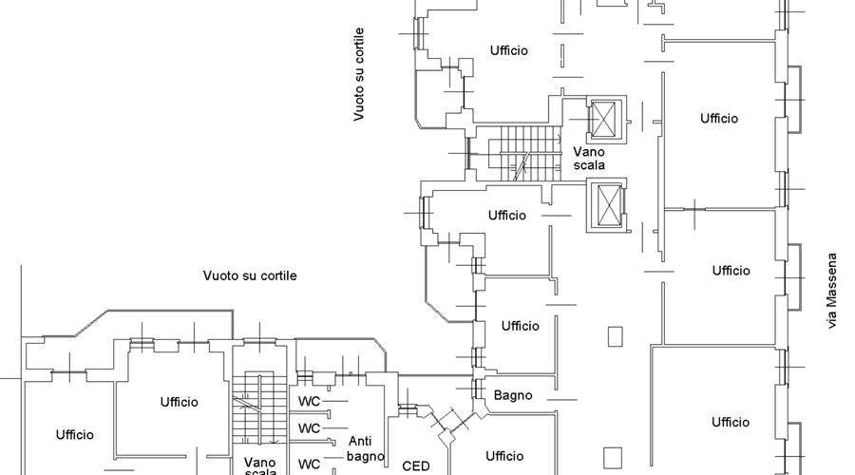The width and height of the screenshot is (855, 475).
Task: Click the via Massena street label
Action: tap(832, 291)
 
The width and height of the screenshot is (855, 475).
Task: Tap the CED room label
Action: tap(416, 465)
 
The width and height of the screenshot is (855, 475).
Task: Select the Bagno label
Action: tap(513, 395)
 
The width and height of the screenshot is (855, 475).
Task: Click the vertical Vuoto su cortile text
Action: tap(359, 74)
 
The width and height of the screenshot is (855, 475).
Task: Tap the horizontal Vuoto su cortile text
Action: tap(250, 275)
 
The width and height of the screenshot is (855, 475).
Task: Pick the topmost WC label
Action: tap(309, 402)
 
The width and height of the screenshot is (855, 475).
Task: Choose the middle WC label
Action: tap(309, 428)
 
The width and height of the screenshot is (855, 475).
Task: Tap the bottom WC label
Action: tap(309, 465)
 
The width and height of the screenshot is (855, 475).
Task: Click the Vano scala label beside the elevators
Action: tap(589, 158)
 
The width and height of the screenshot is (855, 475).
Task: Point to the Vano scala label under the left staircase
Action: tap(260, 466)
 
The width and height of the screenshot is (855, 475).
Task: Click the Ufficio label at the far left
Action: tap(75, 435)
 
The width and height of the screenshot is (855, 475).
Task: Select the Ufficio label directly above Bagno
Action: tap(521, 326)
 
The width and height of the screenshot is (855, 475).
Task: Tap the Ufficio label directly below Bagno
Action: tap(505, 455)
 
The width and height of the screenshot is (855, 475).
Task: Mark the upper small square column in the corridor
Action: tap(615, 336)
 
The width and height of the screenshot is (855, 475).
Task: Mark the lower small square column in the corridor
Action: tap(613, 458)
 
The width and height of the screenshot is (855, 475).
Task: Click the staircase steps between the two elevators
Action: tap(526, 153)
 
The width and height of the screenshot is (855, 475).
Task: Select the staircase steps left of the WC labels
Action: tap(260, 409)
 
